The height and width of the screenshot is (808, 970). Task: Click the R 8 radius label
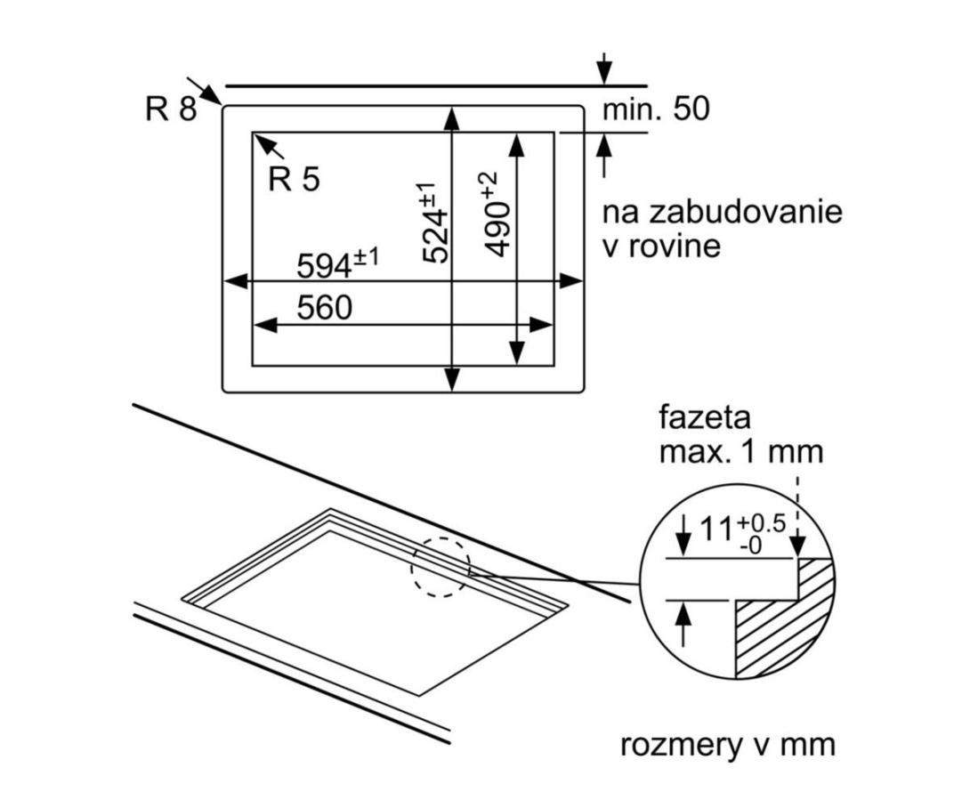click(170, 109)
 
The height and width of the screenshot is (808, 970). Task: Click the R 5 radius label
click(293, 180)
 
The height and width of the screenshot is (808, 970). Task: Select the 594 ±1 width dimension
click(337, 263)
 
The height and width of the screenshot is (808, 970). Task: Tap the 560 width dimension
click(324, 308)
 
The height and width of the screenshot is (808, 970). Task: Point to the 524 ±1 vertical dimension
click(434, 222)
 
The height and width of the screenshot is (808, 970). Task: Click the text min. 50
click(657, 109)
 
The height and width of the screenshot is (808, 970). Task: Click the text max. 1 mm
click(740, 451)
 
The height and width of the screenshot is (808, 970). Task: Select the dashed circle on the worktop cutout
click(440, 567)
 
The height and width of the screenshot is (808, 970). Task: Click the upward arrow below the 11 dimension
click(683, 613)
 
